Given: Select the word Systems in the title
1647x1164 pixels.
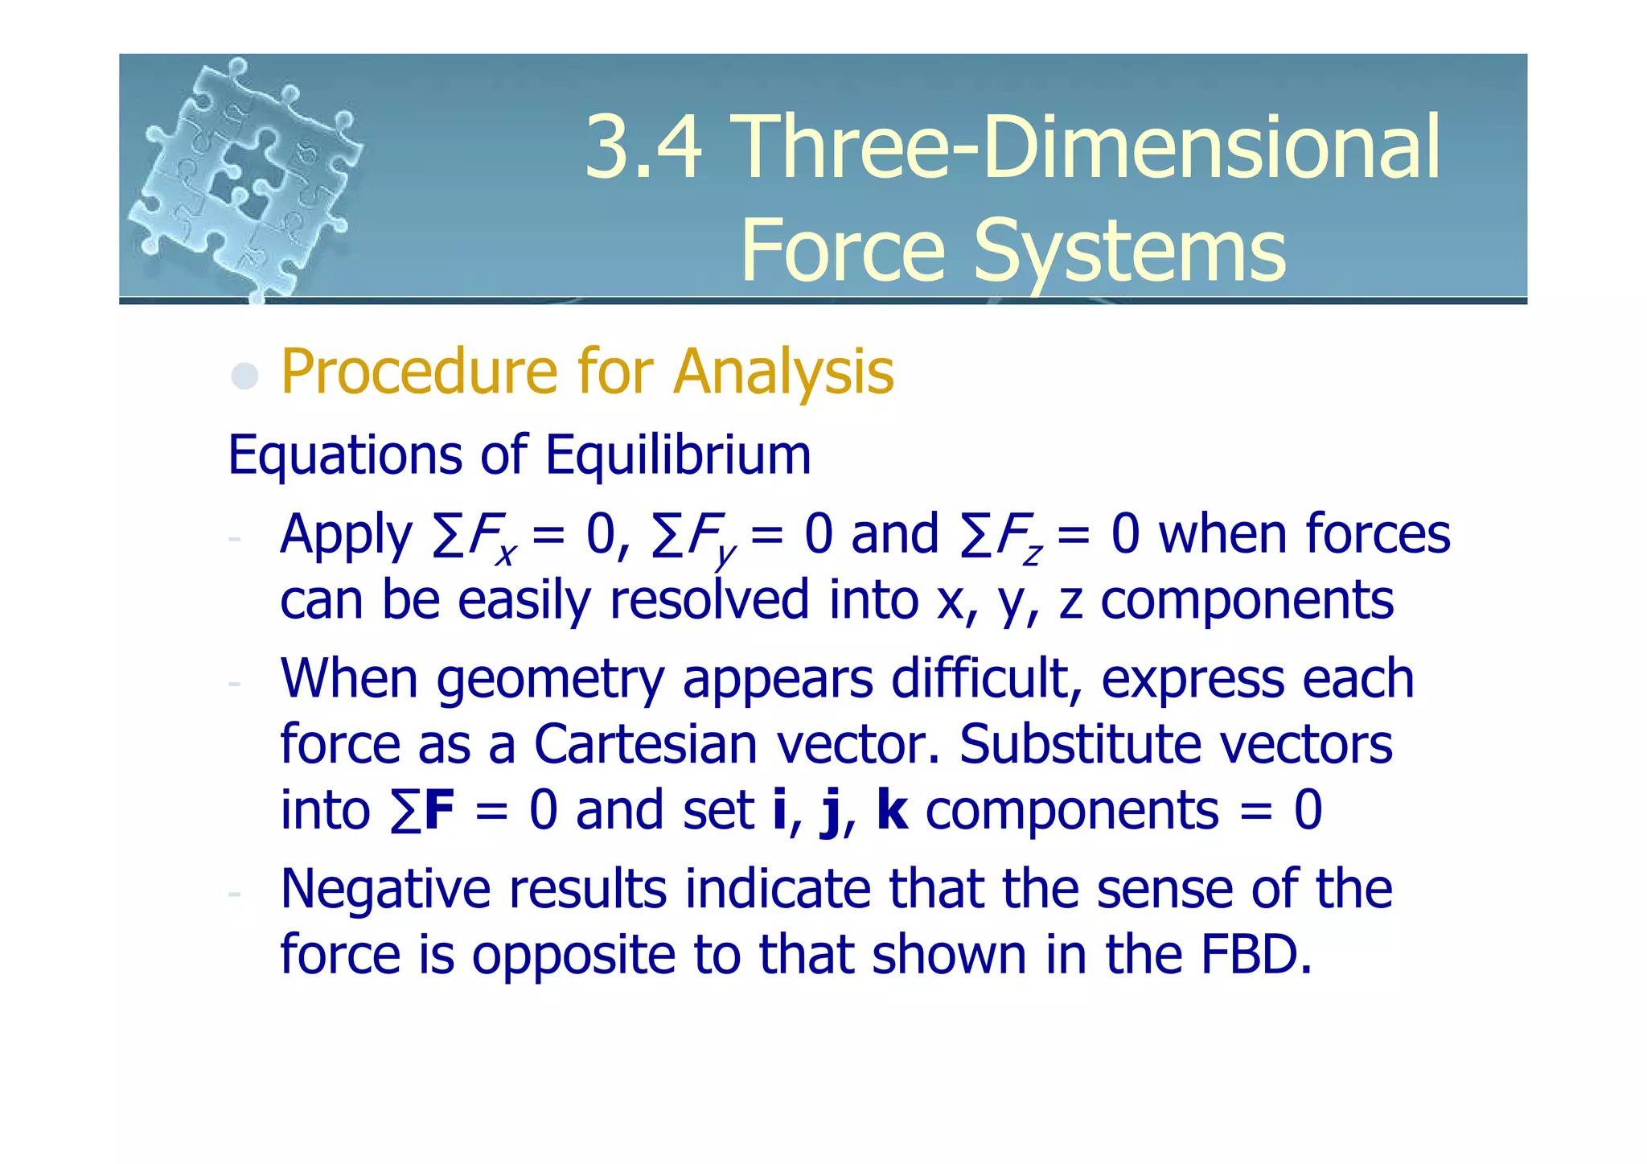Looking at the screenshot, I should click(1129, 252).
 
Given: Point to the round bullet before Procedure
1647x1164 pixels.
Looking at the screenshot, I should click(244, 376).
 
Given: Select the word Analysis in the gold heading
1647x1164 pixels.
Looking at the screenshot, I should click(783, 372).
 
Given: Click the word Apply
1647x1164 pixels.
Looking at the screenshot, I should click(346, 536).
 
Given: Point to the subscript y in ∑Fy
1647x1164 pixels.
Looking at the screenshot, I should click(725, 555).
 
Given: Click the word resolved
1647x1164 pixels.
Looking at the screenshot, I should click(708, 600).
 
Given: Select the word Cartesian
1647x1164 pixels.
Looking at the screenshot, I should click(645, 745).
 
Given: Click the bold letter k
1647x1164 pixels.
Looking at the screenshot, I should click(892, 810).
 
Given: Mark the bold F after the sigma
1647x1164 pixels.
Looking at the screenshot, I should click(439, 810).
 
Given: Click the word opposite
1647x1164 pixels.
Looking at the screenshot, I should click(573, 956).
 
